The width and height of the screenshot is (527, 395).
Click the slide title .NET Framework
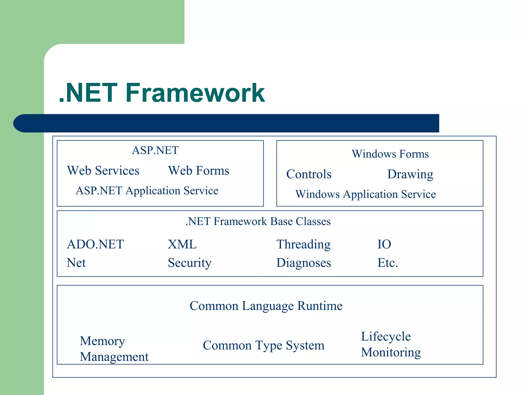pyautogui.click(x=162, y=93)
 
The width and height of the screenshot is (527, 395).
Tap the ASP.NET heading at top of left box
pyautogui.click(x=155, y=150)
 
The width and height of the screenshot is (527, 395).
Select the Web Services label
pyautogui.click(x=103, y=171)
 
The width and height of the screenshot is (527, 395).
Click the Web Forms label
pyautogui.click(x=198, y=171)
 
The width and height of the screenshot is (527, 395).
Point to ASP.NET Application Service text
pyautogui.click(x=147, y=191)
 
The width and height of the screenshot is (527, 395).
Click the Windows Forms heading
pyautogui.click(x=390, y=154)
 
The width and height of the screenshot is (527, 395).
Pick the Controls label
pyautogui.click(x=309, y=174)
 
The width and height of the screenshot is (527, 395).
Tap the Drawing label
pyautogui.click(x=410, y=174)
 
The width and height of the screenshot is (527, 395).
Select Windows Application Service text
pyautogui.click(x=365, y=194)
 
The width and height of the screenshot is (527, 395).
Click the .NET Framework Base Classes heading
pyautogui.click(x=258, y=221)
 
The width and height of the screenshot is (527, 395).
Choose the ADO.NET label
pyautogui.click(x=95, y=244)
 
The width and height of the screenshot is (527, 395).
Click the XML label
pyautogui.click(x=182, y=244)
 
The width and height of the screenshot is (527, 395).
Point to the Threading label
pyautogui.click(x=303, y=244)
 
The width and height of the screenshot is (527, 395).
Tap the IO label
pyautogui.click(x=384, y=244)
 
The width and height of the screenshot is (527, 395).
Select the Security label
pyautogui.click(x=190, y=263)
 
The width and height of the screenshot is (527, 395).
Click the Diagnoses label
pyautogui.click(x=304, y=263)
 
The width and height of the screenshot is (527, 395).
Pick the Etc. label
pyautogui.click(x=388, y=263)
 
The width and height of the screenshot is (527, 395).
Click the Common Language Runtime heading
pyautogui.click(x=266, y=306)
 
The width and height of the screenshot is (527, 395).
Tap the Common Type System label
pyautogui.click(x=263, y=345)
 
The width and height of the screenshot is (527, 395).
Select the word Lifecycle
pyautogui.click(x=386, y=337)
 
